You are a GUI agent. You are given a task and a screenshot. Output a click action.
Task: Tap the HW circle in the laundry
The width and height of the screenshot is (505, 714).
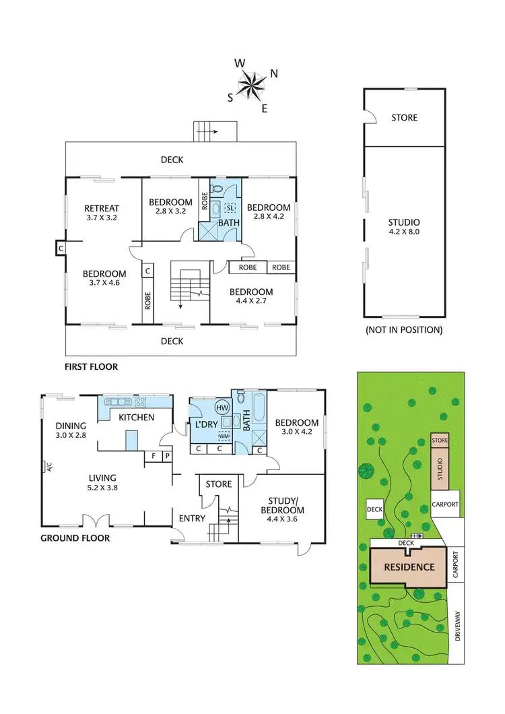222,407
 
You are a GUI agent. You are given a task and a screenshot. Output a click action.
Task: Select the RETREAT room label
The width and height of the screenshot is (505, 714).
102,213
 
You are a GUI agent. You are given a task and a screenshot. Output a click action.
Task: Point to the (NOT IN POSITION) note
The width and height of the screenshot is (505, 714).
403,330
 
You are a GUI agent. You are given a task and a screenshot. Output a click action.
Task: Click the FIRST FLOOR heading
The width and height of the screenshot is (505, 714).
92,367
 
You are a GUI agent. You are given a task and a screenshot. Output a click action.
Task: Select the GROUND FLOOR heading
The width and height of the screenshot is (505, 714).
75,538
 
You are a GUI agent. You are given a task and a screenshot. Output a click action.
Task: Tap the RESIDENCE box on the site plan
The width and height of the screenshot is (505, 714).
409,566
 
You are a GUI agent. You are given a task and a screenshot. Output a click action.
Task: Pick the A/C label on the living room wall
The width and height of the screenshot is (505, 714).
43,466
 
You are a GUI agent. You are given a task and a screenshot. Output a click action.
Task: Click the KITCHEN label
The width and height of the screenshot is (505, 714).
137,418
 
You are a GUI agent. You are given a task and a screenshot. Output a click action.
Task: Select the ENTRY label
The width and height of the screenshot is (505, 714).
192,518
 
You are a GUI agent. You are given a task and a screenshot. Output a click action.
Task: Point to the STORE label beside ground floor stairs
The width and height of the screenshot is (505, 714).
218,484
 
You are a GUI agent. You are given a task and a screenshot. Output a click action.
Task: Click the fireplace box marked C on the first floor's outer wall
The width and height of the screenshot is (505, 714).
61,249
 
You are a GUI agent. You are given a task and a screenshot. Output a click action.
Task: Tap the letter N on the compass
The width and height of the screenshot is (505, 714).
274,73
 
